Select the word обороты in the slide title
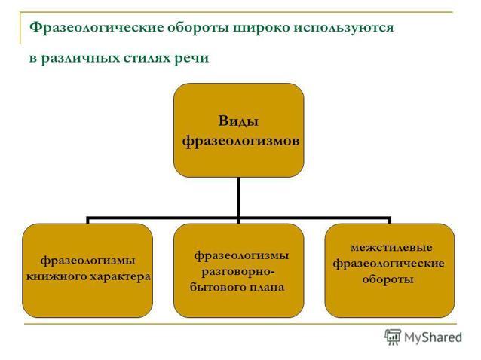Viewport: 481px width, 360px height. click(x=198, y=28)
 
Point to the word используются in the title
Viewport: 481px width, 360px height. click(x=344, y=28)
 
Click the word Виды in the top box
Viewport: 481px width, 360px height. click(x=238, y=121)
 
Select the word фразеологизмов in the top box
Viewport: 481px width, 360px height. click(x=240, y=142)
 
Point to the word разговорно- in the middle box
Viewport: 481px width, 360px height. click(x=238, y=271)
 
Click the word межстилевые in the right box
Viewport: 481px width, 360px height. click(x=391, y=247)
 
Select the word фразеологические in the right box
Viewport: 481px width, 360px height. click(x=389, y=264)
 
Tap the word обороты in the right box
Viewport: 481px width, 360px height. click(x=388, y=279)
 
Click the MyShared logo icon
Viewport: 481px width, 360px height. click(x=393, y=337)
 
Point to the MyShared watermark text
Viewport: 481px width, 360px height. click(x=434, y=337)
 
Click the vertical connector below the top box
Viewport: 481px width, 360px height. click(x=238, y=198)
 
